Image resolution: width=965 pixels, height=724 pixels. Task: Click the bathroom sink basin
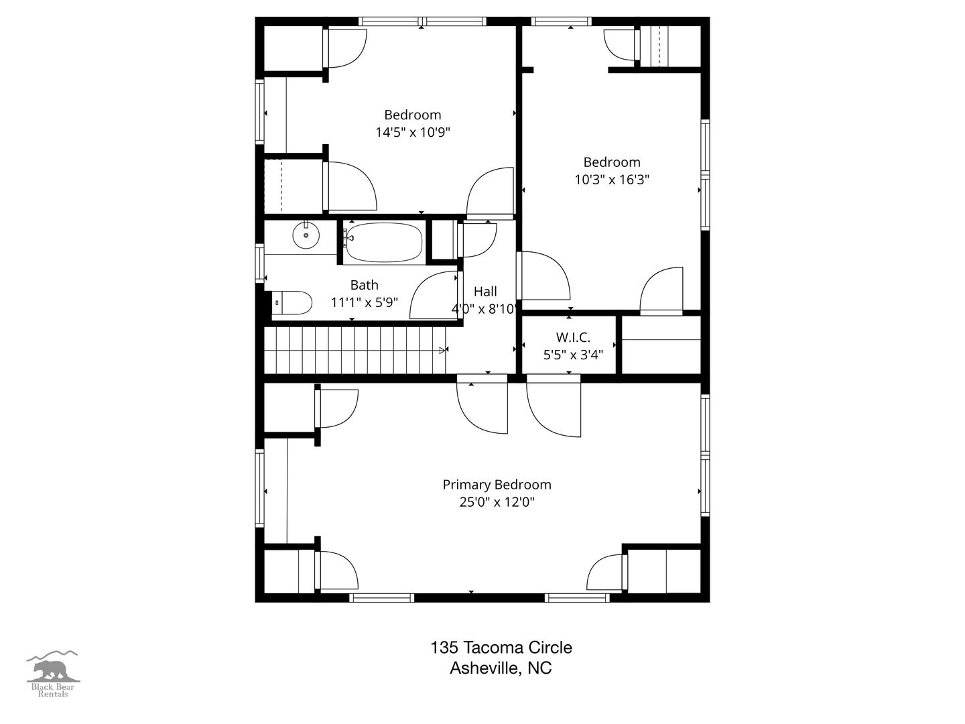coord(306,235)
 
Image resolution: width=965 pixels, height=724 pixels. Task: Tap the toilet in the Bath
coord(292,303)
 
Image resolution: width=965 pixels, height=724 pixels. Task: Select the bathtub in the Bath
coord(384,243)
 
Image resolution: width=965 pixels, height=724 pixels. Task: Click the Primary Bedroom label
coord(497,485)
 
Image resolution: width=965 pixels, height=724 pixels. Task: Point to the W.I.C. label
coord(573,337)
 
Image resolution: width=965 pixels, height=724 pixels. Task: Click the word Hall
coord(485,291)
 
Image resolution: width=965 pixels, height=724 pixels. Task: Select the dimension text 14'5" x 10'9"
coord(413,132)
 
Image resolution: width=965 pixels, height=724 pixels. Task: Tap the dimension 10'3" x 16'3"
coord(612,180)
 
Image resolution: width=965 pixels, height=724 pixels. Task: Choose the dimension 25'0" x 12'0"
coord(497,501)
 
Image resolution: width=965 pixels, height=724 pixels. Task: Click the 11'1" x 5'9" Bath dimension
coord(365,302)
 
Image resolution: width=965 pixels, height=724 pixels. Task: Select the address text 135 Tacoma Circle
coord(501,647)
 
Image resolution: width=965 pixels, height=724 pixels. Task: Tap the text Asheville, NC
coord(501,668)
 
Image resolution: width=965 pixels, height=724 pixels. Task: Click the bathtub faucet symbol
coord(348,237)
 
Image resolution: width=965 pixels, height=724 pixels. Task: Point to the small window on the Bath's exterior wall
coord(260,263)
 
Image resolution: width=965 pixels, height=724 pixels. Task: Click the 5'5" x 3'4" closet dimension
coord(573,355)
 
